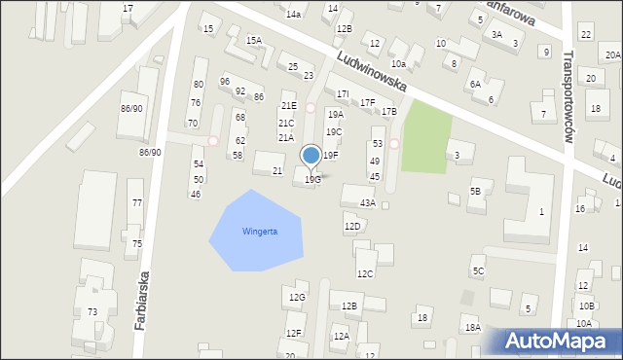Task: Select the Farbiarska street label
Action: click(142, 302)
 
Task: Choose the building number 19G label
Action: click(312, 179)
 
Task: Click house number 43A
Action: click(367, 203)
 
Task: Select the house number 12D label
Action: click(351, 226)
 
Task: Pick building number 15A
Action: click(253, 41)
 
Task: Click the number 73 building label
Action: click(92, 311)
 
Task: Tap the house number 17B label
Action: click(389, 112)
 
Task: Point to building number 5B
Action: click(475, 192)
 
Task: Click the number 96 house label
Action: click(225, 81)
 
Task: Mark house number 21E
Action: click(288, 106)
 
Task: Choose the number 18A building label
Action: click(472, 328)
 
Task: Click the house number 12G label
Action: click(296, 297)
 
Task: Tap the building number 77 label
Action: click(137, 202)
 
